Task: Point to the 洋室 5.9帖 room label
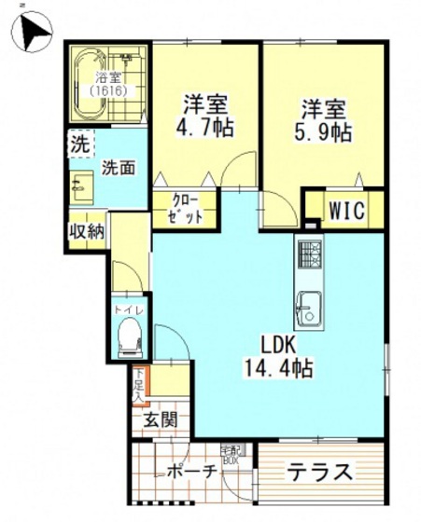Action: pyautogui.click(x=324, y=119)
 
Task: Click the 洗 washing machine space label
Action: pyautogui.click(x=79, y=145)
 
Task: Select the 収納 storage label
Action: pyautogui.click(x=86, y=231)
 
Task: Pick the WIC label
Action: pyautogui.click(x=344, y=209)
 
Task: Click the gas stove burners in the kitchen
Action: pyautogui.click(x=309, y=253)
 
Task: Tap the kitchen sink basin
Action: pyautogui.click(x=308, y=304)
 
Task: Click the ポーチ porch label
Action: pyautogui.click(x=193, y=471)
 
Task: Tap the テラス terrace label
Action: pyautogui.click(x=319, y=471)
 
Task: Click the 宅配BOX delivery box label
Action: pyautogui.click(x=231, y=454)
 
